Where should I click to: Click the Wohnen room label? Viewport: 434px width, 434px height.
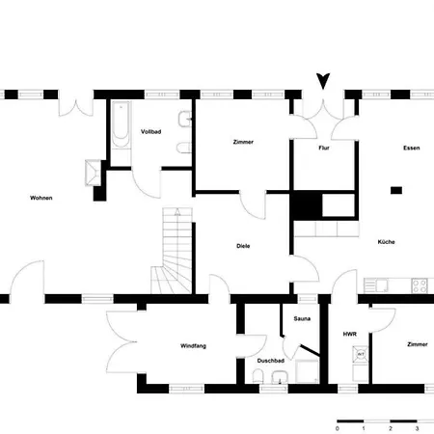[41, 198]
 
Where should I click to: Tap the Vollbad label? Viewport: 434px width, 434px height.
[150, 132]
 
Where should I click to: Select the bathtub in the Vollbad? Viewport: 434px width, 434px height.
[121, 124]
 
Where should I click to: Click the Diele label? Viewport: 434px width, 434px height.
[243, 246]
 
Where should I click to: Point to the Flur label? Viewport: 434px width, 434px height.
[324, 148]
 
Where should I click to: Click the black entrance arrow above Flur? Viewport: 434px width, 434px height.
[323, 81]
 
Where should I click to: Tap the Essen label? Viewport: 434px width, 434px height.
[412, 149]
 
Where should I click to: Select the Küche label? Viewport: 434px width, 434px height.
[386, 242]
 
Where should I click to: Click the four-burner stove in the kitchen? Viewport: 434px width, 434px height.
[420, 285]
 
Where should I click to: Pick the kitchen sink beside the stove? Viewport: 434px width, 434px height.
[376, 285]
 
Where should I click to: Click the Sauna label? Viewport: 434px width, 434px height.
[302, 319]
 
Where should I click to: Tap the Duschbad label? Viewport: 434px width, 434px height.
[271, 361]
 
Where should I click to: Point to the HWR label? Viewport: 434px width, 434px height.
[350, 335]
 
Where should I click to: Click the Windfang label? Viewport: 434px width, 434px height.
[193, 346]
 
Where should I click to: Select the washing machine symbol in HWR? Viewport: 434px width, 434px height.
[361, 355]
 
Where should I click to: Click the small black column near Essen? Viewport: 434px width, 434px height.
[396, 190]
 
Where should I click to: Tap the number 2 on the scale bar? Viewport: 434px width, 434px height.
[391, 428]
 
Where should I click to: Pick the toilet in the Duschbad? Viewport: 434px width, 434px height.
[258, 376]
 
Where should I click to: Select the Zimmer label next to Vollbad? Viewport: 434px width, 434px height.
[243, 142]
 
